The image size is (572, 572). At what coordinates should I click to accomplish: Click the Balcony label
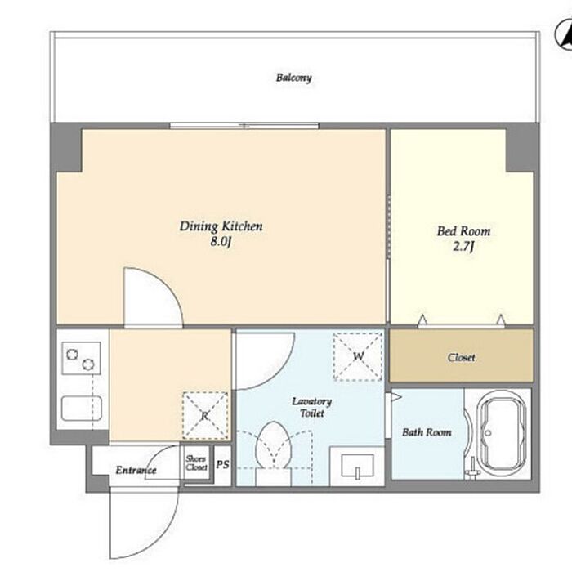click(293, 78)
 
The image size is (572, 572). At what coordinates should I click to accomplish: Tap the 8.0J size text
click(221, 242)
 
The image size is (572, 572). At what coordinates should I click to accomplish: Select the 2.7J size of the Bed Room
click(463, 247)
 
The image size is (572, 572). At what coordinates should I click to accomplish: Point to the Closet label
click(462, 358)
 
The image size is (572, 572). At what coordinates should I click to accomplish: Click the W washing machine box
click(358, 356)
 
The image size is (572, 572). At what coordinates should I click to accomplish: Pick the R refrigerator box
click(205, 415)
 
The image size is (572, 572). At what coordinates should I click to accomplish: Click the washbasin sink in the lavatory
click(358, 466)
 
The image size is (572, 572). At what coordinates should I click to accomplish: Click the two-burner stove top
click(81, 358)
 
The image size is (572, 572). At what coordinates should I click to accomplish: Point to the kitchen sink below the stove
click(81, 409)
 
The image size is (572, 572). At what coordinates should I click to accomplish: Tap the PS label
click(222, 464)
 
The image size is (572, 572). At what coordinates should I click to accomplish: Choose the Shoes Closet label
click(196, 463)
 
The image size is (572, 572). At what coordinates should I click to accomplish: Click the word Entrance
click(136, 470)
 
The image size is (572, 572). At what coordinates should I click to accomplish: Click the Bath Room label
click(427, 432)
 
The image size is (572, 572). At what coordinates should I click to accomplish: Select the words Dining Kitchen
click(221, 226)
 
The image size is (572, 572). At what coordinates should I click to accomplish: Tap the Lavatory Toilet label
click(312, 407)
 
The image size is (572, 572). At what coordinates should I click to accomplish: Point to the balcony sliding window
click(244, 126)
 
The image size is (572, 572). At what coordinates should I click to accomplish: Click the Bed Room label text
click(463, 231)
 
